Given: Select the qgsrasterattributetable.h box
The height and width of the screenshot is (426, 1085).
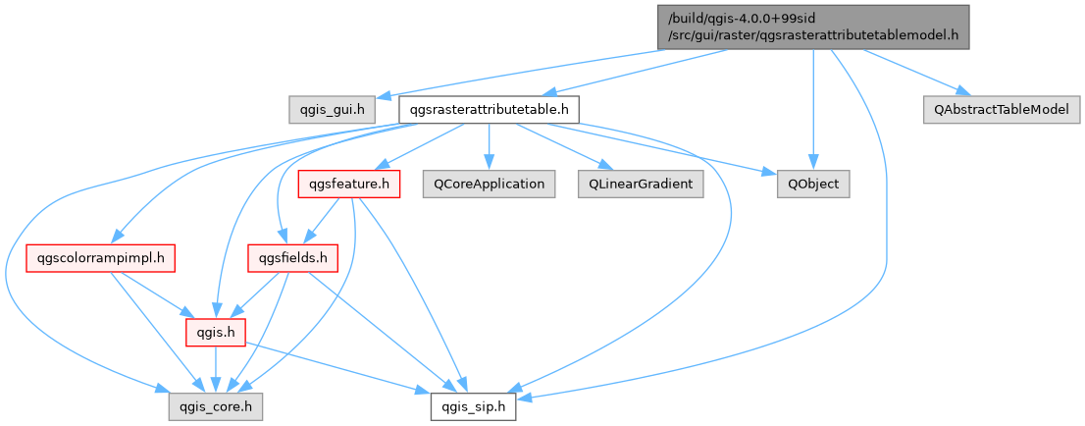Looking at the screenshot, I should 489,109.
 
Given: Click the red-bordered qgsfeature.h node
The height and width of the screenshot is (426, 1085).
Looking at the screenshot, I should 349,184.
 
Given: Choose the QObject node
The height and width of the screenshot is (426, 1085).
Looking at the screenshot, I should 813,184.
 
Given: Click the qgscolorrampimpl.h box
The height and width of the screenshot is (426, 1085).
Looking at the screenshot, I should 100,258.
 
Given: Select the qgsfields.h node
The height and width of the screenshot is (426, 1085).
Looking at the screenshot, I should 291,258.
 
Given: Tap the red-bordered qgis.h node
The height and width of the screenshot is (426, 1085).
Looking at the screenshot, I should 215,333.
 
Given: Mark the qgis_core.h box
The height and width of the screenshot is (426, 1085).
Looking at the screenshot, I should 214,404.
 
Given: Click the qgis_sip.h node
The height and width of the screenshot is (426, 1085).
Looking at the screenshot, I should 473,404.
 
